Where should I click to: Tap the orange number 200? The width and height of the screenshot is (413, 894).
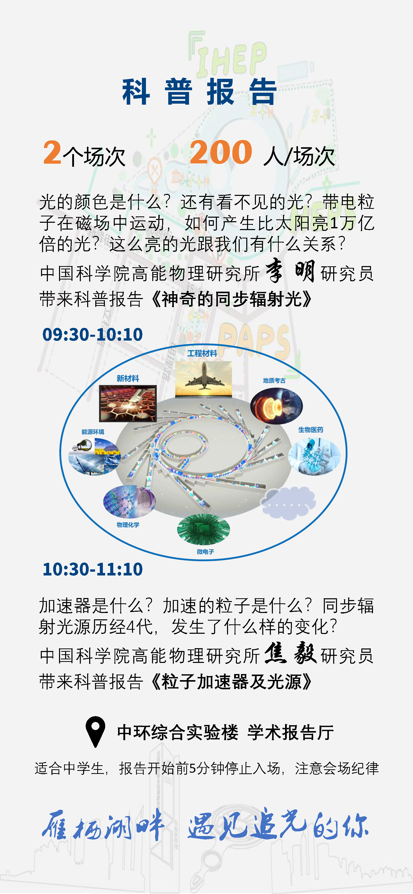221,152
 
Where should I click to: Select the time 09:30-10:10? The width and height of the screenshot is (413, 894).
93,334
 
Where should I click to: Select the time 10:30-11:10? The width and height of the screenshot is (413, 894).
93,569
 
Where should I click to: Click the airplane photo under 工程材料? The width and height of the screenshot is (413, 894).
203,379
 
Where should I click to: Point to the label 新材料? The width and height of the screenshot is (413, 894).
128,379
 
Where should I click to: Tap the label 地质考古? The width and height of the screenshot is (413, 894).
274,381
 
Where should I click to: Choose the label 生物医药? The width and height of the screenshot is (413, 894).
311,430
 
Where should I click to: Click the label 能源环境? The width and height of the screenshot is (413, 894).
93,432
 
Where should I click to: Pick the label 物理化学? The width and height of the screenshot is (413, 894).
128,525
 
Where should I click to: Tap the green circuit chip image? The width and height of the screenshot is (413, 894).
203,529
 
